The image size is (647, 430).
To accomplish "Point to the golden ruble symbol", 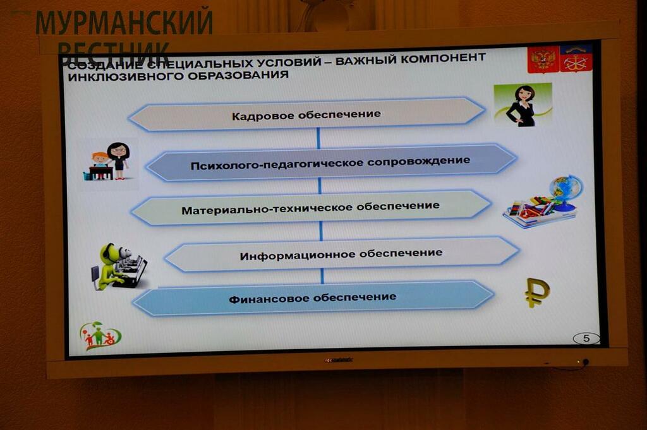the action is pos(536,293).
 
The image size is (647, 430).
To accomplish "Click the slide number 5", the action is pos(586,338).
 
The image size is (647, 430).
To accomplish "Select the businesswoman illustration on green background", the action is pos(523,105).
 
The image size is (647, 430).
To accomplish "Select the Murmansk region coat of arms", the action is pos(576,58).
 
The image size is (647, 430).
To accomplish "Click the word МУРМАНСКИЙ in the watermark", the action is pos(124,22).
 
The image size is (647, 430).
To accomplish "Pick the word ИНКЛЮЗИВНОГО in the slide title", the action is pos(123,77).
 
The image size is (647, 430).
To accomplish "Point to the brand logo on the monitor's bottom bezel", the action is pos(339,360).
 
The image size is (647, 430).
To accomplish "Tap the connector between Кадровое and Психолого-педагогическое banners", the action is pos(318,138).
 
